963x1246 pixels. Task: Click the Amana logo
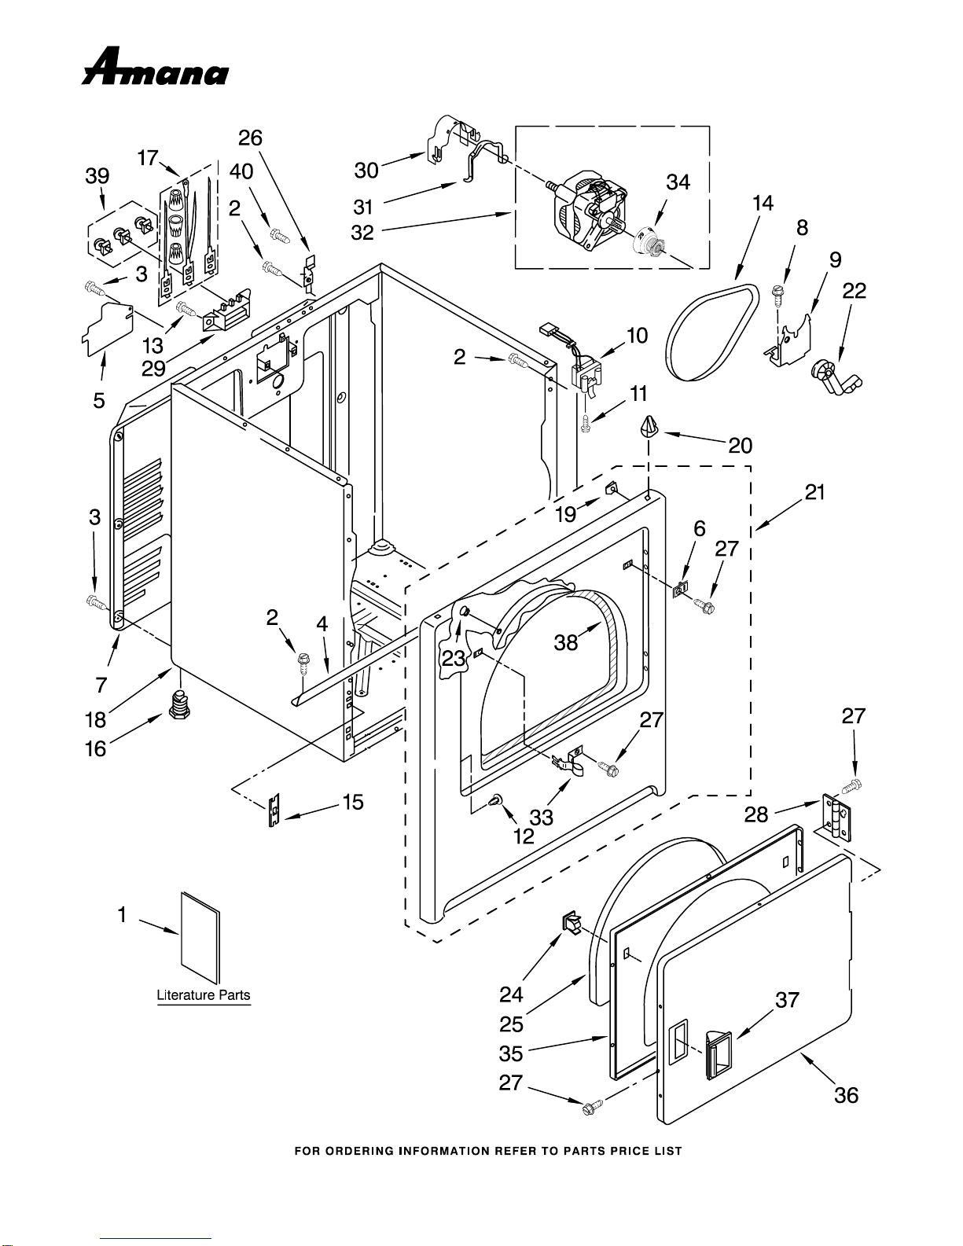(156, 67)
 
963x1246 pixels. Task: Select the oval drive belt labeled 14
(712, 332)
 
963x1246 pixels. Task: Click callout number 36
(846, 1095)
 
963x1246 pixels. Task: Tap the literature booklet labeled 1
(200, 938)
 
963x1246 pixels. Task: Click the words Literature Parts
(204, 995)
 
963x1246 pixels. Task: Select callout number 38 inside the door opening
(565, 642)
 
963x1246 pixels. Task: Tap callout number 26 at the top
(250, 138)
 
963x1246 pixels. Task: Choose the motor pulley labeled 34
(648, 241)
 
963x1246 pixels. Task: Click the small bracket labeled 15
(274, 810)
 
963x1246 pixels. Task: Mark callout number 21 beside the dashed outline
(814, 492)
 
